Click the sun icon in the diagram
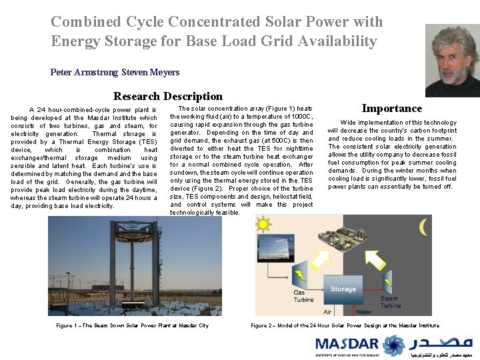pos(264,225)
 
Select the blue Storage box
pos(343,289)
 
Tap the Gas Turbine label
pos(303,295)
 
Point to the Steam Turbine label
pos(390,301)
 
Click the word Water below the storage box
pos(364,311)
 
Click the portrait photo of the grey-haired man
pos(451,61)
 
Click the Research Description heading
pos(168,96)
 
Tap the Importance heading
pos(392,108)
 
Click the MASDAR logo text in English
pos(347,345)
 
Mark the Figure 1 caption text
pos(133,325)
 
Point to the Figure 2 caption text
pos(345,325)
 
